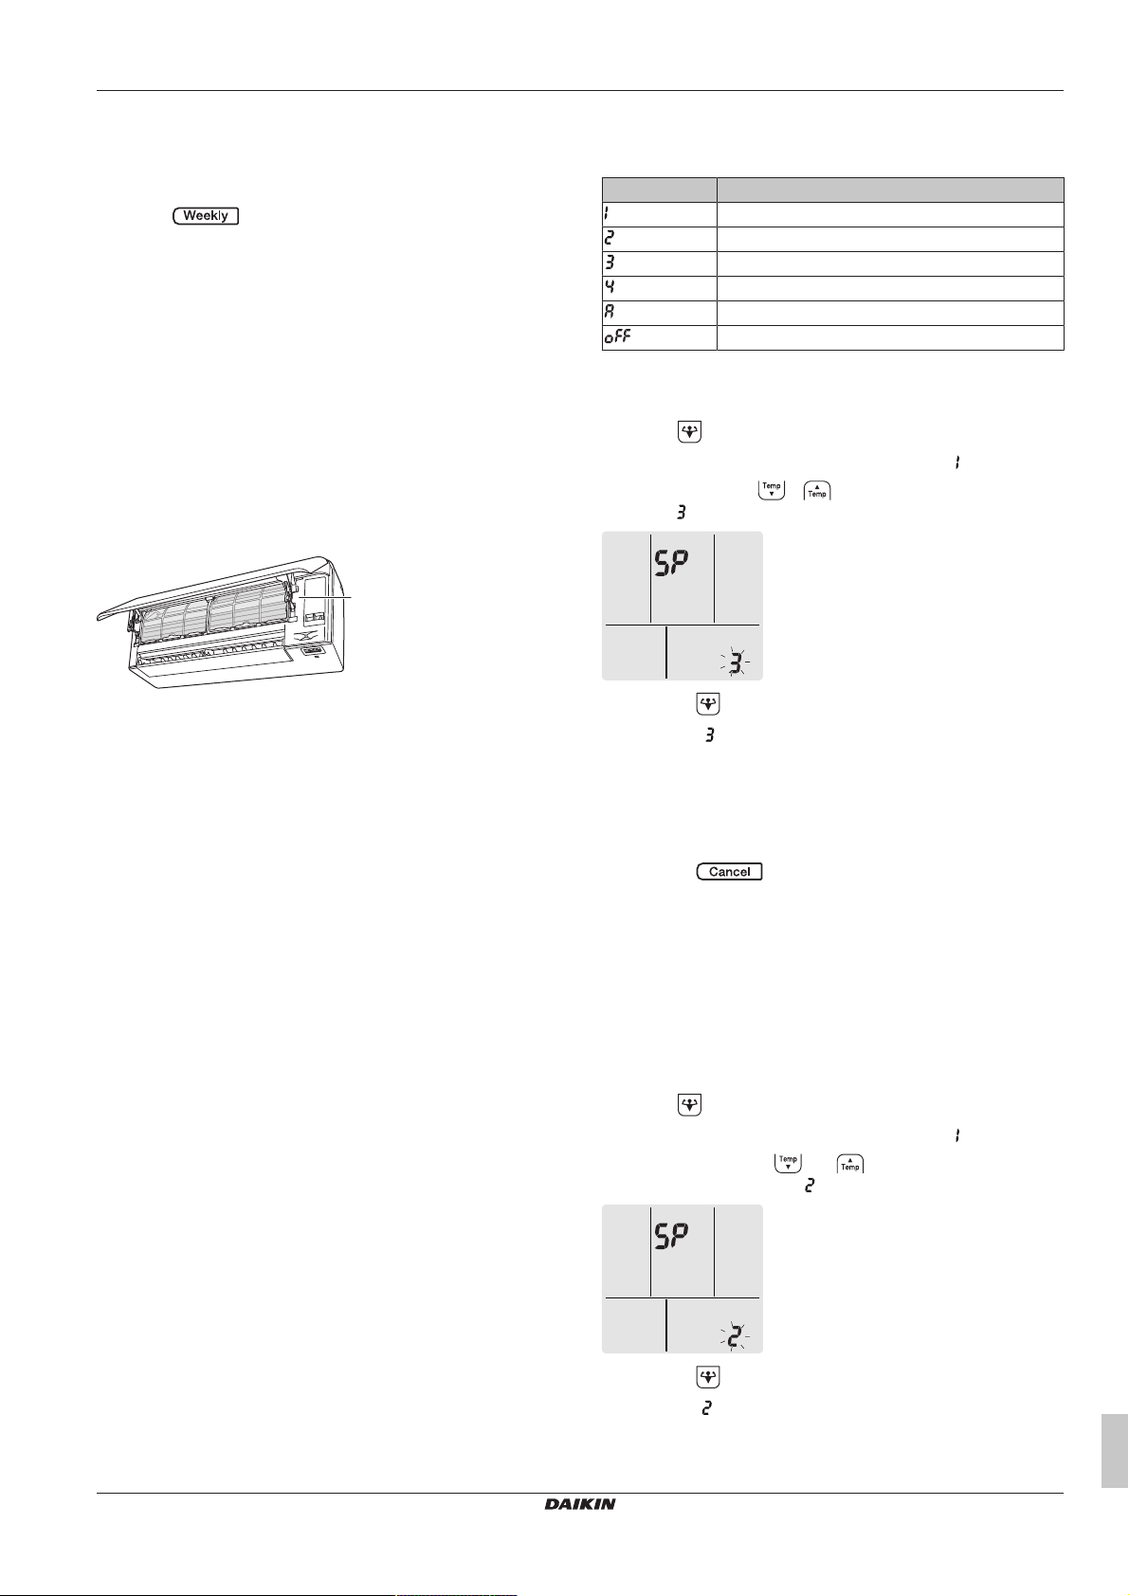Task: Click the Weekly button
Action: click(206, 215)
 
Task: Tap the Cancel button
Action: click(729, 871)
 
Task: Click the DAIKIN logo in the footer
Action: click(580, 1504)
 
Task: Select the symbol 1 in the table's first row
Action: click(607, 213)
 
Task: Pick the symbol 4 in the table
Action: click(610, 287)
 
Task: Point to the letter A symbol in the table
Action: click(610, 312)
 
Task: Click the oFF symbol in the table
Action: click(618, 336)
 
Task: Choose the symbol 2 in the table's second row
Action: click(610, 238)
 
